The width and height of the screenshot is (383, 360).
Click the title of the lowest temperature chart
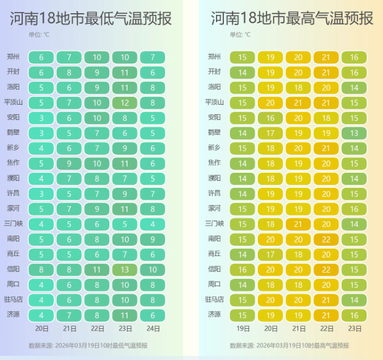[90, 19]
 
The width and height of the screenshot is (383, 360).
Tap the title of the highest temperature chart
[292, 19]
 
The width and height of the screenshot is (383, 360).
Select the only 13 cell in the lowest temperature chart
[124, 269]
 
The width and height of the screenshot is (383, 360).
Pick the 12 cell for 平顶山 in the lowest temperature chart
[124, 102]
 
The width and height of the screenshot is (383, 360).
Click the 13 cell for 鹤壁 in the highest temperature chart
[354, 133]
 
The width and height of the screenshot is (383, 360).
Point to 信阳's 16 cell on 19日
[242, 269]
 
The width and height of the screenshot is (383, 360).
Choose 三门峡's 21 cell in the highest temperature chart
[299, 224]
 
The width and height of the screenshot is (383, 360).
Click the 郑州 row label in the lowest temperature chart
[13, 57]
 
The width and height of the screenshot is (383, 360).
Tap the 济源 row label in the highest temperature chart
[214, 315]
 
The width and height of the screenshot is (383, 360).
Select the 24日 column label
[153, 328]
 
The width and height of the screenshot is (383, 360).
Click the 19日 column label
[242, 328]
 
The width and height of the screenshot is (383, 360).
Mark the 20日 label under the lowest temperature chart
[41, 328]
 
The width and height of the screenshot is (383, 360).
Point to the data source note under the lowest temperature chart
[88, 345]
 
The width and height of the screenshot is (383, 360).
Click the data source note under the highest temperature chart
[289, 345]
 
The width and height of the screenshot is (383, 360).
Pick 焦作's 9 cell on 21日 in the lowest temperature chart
[69, 163]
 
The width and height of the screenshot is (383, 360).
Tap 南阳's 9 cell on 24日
[153, 239]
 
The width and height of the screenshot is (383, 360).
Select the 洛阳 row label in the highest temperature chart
[214, 87]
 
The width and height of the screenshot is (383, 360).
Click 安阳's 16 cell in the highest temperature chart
[270, 117]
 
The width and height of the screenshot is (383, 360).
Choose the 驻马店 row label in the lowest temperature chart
[13, 299]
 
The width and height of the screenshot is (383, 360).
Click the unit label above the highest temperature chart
[239, 35]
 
